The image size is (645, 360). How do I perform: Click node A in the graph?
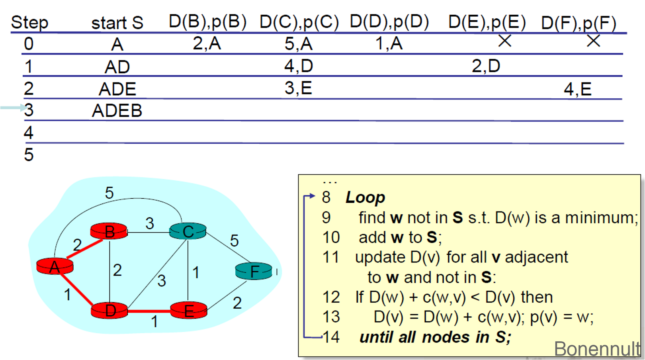(x=55, y=266)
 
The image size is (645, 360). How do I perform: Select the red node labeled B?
(x=109, y=231)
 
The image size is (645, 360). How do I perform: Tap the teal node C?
(x=188, y=231)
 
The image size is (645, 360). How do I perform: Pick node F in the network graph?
(x=254, y=271)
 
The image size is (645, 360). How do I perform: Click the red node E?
(x=188, y=310)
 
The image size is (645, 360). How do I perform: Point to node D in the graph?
(x=109, y=310)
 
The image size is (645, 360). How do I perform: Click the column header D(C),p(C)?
(x=299, y=22)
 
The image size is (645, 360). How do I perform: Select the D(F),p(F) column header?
(x=579, y=23)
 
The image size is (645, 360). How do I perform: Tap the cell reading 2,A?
(x=207, y=43)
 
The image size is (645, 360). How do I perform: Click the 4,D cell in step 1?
(x=299, y=66)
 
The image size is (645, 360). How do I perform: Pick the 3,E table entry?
(x=298, y=88)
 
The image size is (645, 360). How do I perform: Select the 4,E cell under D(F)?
(x=577, y=89)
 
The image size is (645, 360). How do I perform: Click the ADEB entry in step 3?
(x=117, y=111)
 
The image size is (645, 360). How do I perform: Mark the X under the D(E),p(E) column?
(x=504, y=41)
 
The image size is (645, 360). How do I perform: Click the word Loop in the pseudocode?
(x=365, y=197)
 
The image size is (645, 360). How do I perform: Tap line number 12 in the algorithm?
(x=331, y=297)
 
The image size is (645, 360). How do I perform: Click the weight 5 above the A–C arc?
(x=109, y=193)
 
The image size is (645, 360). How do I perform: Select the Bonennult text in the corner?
(x=597, y=349)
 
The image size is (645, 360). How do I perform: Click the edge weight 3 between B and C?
(x=150, y=223)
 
